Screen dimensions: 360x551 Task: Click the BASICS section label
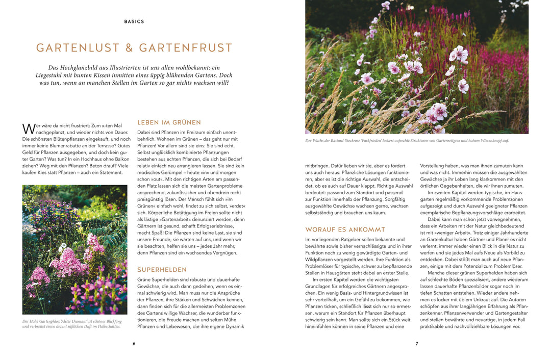pyautogui.click(x=134, y=22)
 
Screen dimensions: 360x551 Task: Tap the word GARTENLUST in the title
pyautogui.click(x=77, y=48)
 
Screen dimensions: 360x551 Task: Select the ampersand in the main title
pyautogui.click(x=129, y=48)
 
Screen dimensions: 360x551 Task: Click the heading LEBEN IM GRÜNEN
pyautogui.click(x=169, y=122)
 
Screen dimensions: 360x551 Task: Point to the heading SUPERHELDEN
pyautogui.click(x=162, y=269)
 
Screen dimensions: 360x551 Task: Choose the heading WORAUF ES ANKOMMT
pyautogui.click(x=345, y=229)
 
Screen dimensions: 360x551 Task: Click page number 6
pyautogui.click(x=134, y=344)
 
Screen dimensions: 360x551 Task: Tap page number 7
pyautogui.click(x=416, y=344)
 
